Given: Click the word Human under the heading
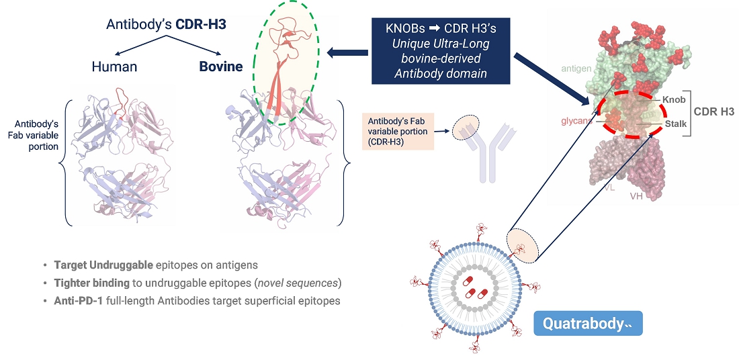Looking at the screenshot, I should click(x=114, y=66).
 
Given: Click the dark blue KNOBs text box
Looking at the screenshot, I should click(x=440, y=51).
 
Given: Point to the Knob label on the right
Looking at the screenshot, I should click(x=674, y=99).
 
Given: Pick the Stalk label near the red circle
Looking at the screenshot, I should click(x=675, y=124).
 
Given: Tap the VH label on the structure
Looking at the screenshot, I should click(x=636, y=196).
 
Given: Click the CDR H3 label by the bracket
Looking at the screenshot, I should click(x=714, y=111).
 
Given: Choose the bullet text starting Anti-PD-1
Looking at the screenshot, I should click(x=197, y=300).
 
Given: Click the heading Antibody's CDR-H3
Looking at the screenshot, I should click(x=165, y=25).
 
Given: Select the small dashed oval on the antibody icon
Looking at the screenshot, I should click(x=466, y=126).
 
